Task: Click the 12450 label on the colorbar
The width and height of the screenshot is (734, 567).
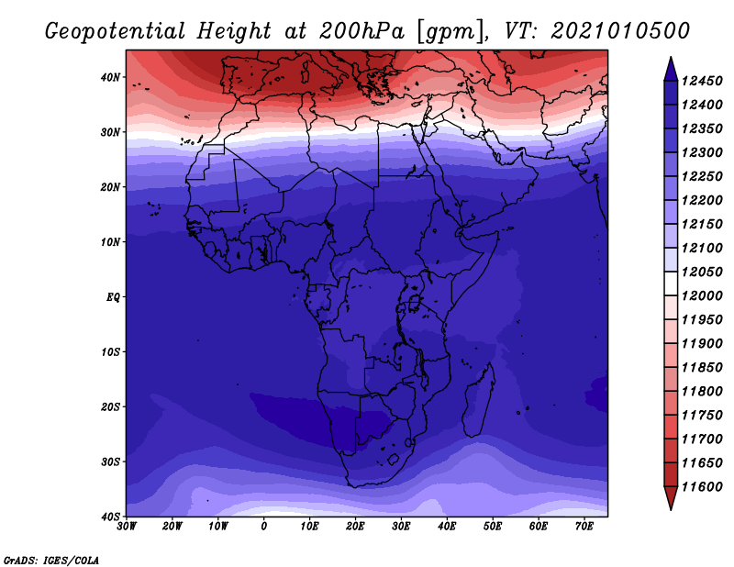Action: click(x=702, y=81)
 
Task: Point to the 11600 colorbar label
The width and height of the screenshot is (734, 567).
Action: click(x=702, y=487)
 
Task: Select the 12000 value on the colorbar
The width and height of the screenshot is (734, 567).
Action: click(x=702, y=296)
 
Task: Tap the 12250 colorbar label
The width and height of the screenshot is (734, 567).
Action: click(x=702, y=176)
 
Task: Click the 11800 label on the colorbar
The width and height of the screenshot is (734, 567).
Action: click(x=702, y=392)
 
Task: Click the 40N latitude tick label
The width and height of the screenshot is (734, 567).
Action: click(x=110, y=77)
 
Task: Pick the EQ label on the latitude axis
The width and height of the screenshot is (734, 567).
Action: click(x=113, y=297)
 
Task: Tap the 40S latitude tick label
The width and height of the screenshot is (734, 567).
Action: click(x=110, y=517)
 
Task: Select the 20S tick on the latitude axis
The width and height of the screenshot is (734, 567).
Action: click(x=110, y=406)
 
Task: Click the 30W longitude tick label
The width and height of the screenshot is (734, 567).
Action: click(x=127, y=527)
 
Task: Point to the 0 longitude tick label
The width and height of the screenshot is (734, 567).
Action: click(x=264, y=527)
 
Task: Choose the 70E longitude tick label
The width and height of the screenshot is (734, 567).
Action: click(x=584, y=527)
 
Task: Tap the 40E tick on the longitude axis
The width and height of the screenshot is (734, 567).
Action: click(x=447, y=527)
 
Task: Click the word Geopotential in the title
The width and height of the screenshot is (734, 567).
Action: click(x=116, y=31)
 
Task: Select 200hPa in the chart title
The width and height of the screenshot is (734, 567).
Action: click(x=361, y=31)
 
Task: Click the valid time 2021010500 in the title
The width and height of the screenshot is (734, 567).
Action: click(x=621, y=31)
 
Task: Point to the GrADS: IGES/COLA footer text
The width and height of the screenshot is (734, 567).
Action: click(x=51, y=560)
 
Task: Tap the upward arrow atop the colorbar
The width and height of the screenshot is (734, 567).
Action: click(x=671, y=69)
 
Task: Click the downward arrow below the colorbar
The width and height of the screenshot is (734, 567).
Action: click(x=671, y=498)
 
